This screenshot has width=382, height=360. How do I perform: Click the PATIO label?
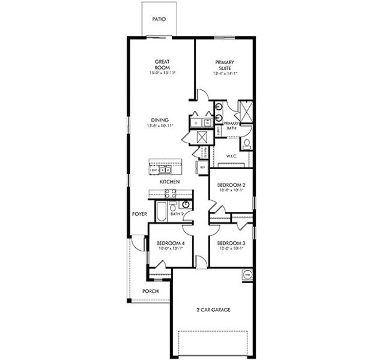click(159, 19)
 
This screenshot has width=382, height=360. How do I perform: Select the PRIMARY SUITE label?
click(225, 65)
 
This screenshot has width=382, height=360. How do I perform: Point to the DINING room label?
click(160, 119)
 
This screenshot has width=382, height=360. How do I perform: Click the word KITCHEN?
click(171, 181)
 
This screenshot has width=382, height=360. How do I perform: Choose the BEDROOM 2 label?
click(231, 185)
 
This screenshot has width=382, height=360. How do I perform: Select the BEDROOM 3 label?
click(231, 243)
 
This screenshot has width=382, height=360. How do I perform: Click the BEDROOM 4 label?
click(169, 243)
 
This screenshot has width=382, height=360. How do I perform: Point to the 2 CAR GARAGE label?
click(212, 310)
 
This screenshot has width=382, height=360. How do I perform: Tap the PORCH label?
click(150, 291)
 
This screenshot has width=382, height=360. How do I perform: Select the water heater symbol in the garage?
click(247, 275)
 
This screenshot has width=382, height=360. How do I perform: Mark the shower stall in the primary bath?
click(245, 111)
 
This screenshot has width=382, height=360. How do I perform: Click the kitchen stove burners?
click(170, 193)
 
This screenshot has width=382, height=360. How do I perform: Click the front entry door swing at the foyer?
click(138, 241)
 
